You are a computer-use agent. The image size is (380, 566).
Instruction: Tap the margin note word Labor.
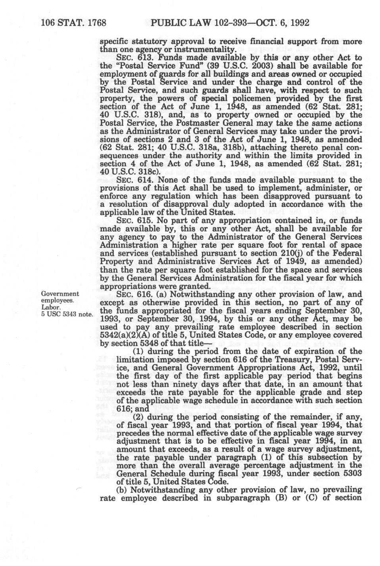[50, 308]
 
